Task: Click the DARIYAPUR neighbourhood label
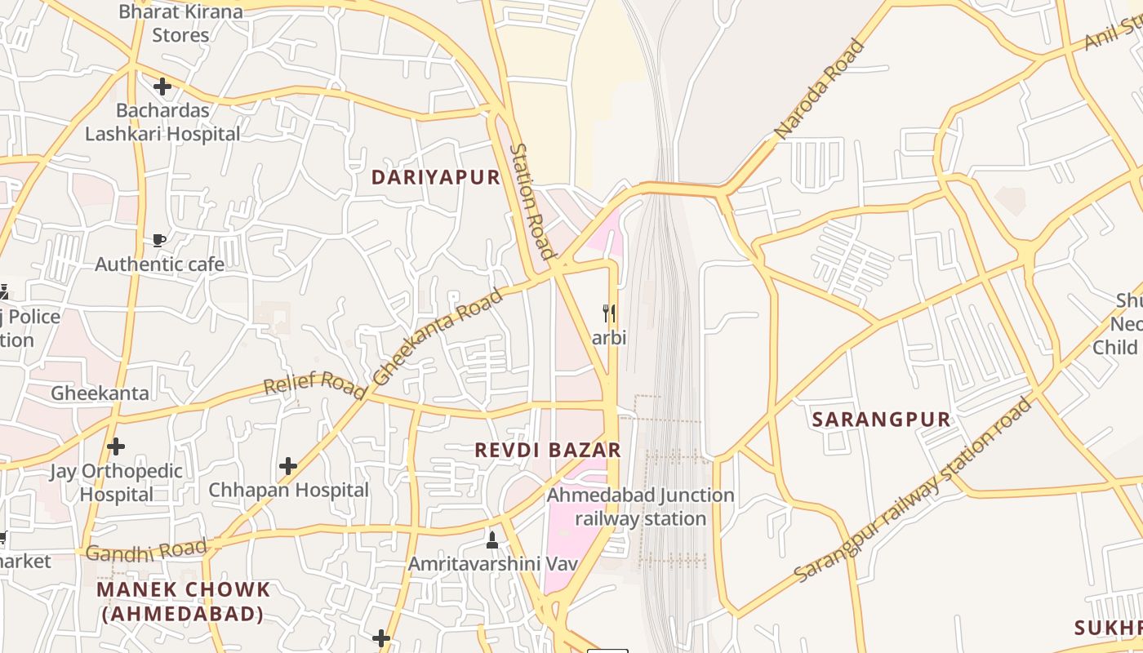tap(435, 177)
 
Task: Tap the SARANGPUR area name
tap(882, 420)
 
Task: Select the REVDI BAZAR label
tap(548, 450)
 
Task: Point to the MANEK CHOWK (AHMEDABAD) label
tap(183, 602)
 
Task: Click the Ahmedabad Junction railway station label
tap(640, 507)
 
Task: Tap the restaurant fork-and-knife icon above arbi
tap(609, 313)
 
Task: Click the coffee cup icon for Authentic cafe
tap(159, 240)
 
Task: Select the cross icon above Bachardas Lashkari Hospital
tap(162, 86)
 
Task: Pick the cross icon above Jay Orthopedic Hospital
tap(116, 446)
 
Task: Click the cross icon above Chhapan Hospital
tap(287, 466)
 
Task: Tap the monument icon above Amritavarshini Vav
tap(492, 540)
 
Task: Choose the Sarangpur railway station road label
tap(913, 488)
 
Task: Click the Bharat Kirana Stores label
tap(180, 24)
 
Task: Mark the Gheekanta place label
tap(100, 393)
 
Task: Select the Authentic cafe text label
tap(159, 264)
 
